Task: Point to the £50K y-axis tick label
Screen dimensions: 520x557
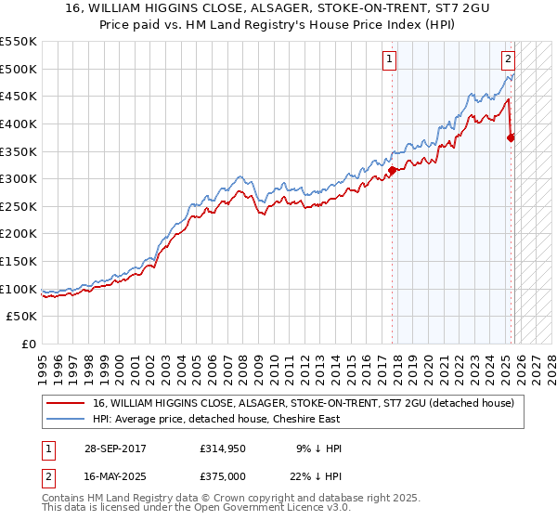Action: (22, 317)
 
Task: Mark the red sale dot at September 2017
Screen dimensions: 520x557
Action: (393, 170)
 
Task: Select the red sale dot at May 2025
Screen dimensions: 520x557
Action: (511, 137)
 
